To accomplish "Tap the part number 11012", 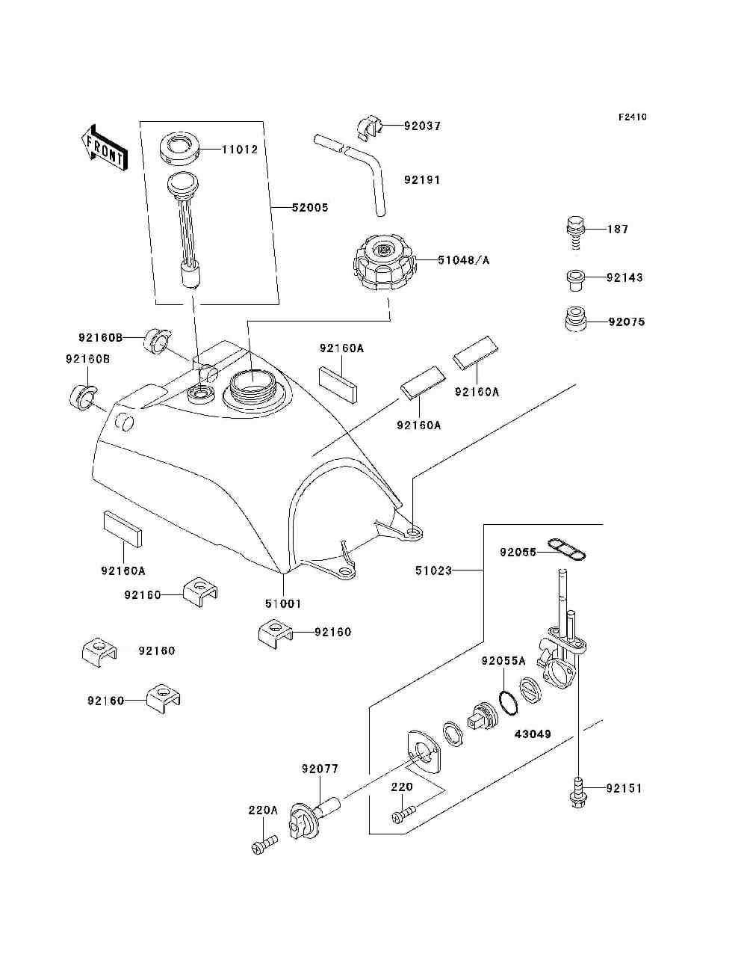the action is pos(240,150).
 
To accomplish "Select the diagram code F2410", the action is pos(632,117).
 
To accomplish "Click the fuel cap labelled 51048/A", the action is pos(384,263).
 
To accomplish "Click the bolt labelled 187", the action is pos(576,233).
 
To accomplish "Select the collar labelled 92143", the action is pos(574,280).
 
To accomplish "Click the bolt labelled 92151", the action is pos(578,798).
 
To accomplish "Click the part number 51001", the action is pos(283,603).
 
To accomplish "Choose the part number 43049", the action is pos(533,733).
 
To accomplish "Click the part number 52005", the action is pos(310,208).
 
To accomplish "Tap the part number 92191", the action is pos(422,180).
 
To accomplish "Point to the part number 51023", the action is pos(433,570).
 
